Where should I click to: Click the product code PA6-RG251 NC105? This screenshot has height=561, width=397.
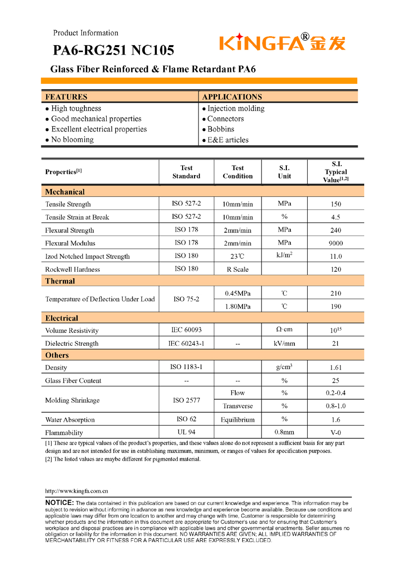tap(114, 50)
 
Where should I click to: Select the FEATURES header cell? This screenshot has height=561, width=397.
tap(66, 97)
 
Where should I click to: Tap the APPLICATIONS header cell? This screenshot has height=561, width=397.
tap(232, 97)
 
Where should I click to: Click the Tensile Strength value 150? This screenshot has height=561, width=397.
tap(335, 204)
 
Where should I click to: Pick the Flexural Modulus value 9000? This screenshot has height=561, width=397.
tap(335, 244)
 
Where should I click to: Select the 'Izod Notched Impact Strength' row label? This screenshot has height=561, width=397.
tap(87, 256)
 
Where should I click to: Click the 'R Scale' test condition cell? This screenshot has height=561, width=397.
tap(238, 269)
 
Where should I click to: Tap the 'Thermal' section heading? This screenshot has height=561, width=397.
tap(60, 281)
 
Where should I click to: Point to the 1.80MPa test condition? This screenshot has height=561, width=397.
tap(238, 307)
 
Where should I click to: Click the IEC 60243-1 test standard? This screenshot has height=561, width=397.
tap(186, 343)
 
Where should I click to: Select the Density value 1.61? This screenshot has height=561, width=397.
tap(335, 368)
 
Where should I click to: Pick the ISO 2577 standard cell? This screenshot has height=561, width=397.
tap(186, 400)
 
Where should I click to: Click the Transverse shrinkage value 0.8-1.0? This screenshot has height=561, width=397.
tap(335, 406)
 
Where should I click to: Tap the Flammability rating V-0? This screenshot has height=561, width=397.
tap(335, 433)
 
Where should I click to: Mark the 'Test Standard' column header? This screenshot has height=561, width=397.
tap(186, 172)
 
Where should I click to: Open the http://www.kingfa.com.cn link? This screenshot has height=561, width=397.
tap(76, 491)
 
